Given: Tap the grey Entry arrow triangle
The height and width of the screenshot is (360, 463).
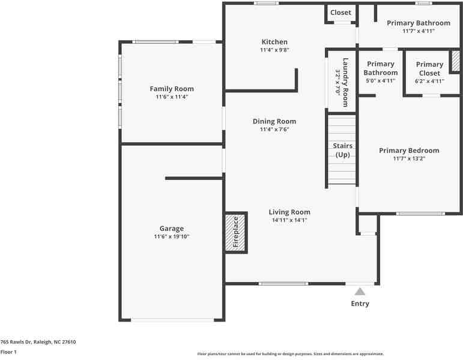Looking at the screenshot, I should pos(360,292).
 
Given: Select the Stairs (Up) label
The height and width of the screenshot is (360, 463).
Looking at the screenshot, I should pos(342,150).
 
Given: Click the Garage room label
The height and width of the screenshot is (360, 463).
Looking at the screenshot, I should pos(172,229).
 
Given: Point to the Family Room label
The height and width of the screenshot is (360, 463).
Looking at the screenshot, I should pos(172,89).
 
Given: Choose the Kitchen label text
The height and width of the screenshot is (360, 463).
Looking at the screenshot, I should pos(274,42).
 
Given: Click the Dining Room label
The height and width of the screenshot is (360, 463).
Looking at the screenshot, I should pos(274,121).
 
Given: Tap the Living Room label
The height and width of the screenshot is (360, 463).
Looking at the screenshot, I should pos(289,212).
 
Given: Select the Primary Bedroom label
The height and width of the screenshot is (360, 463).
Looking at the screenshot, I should pos(409,151).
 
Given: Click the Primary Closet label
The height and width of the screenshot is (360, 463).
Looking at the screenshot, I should pos(429,68).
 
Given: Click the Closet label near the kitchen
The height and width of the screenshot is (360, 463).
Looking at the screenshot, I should pos(340,13).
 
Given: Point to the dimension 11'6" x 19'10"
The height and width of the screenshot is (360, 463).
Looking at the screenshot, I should pos(172,237).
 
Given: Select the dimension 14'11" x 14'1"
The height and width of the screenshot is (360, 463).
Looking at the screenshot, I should pos(289,220).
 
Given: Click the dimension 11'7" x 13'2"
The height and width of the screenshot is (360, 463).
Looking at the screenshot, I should pos(409,159).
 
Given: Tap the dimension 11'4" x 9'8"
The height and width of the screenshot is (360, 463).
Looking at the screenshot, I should pos(274,50).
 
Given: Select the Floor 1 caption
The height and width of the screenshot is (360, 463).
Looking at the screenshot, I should pos(8,352).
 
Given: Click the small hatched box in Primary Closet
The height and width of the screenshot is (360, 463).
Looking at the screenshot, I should pos(456,61).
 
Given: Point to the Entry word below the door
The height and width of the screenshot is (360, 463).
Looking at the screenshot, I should pos(360,304).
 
